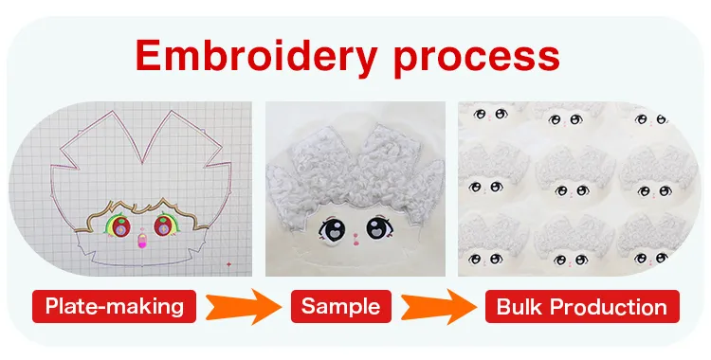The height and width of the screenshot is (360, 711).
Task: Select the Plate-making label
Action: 114,306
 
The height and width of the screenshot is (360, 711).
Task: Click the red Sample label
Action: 341,306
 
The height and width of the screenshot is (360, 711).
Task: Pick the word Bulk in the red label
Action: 520,307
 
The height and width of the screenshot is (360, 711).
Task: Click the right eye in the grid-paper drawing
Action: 163,225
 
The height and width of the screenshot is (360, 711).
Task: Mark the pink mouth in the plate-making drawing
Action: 143,243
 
